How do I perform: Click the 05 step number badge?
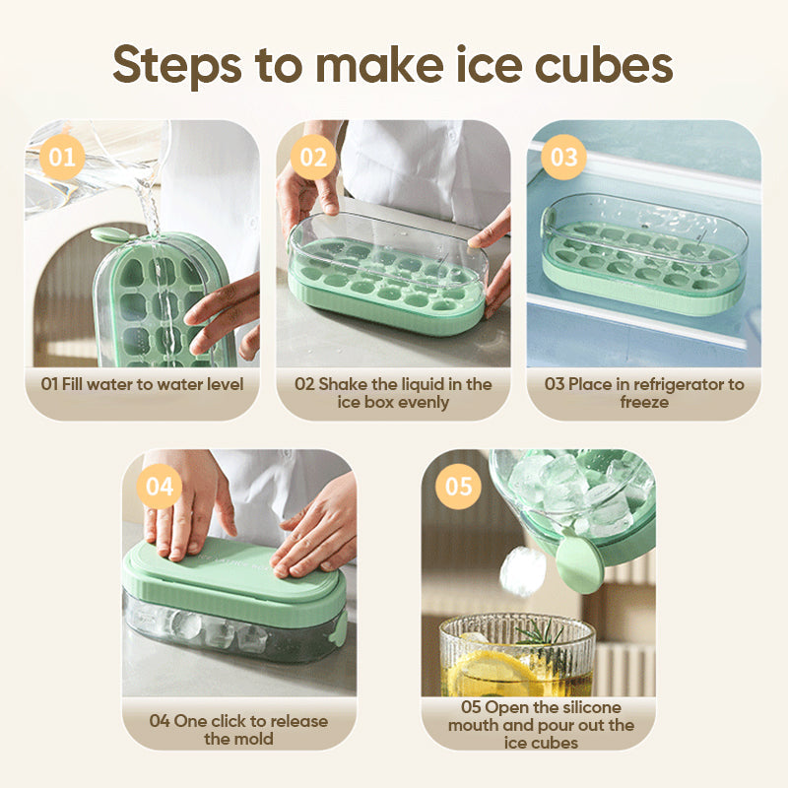coord(459,487)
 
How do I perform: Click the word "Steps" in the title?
coord(166,65)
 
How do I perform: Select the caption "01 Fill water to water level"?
coord(142,384)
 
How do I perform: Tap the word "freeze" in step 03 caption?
coord(645,402)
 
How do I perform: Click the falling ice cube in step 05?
coord(521,571)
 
